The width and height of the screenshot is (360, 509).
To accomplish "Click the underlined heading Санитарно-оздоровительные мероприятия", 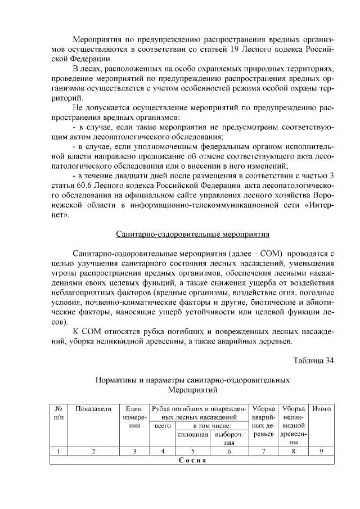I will [x=193, y=233].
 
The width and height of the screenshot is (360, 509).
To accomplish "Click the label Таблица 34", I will [x=314, y=360].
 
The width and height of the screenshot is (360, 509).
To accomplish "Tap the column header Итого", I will [x=321, y=409].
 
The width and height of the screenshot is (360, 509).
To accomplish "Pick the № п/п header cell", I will [x=58, y=413].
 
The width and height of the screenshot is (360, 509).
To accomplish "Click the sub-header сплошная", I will [x=193, y=435].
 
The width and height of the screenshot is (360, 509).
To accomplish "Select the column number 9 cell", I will [x=321, y=451].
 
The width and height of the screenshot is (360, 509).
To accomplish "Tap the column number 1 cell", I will [x=58, y=451].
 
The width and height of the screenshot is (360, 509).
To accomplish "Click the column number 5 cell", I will [x=193, y=451].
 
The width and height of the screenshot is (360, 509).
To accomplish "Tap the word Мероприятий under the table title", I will [x=193, y=390].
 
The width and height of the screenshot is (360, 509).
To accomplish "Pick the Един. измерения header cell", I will [x=134, y=417].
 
